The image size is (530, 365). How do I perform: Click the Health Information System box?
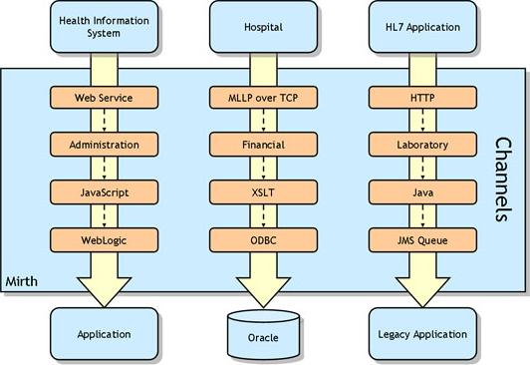point(104,27)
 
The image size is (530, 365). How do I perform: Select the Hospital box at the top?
point(263,27)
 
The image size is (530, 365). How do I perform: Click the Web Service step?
point(104,98)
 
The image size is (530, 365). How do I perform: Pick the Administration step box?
point(104,145)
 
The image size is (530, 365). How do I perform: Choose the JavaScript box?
point(104,191)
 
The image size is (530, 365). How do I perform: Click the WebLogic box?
point(104,239)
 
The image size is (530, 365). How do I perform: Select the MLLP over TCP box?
point(263,98)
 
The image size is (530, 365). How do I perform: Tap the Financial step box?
point(263,145)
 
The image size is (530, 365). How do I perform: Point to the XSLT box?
point(263,191)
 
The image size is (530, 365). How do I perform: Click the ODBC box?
point(263,239)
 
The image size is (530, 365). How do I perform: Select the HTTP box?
point(422,98)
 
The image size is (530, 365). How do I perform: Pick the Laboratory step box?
point(422,145)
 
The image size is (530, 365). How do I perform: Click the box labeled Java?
point(422,191)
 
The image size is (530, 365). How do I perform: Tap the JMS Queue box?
point(422,239)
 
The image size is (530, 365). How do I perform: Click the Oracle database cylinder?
point(263,333)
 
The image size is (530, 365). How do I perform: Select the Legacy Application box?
point(422,333)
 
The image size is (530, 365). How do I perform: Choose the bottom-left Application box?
point(104,333)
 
